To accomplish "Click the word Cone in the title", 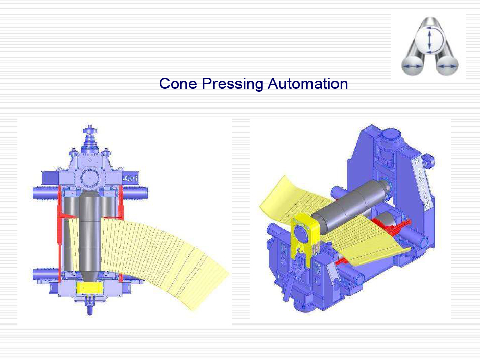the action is (x=178, y=83).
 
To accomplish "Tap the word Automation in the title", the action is (x=307, y=83).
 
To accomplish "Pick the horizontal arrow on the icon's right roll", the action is (x=447, y=66).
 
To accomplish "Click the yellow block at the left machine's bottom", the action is (x=90, y=288).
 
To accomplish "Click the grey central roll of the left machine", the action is (x=90, y=236).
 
